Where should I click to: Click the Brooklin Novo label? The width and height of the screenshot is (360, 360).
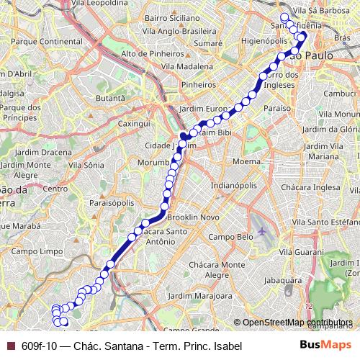click(192, 217)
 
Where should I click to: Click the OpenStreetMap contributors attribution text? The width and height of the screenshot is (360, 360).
click(297, 322)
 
